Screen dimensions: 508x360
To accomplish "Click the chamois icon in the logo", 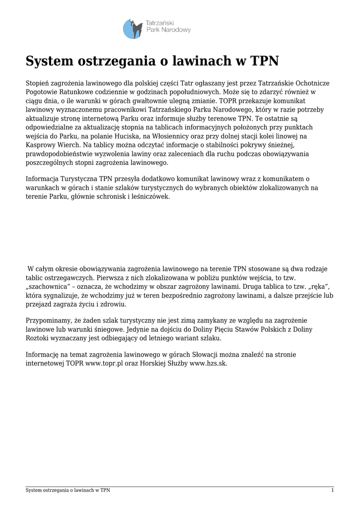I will [x=133, y=29].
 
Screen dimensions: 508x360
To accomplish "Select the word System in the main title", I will [x=48, y=62].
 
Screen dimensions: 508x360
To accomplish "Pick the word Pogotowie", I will [x=42, y=92].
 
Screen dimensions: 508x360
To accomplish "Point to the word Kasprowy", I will [x=41, y=145].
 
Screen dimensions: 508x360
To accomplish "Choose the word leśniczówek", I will [x=148, y=197].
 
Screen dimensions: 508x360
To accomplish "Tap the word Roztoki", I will [x=38, y=338].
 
